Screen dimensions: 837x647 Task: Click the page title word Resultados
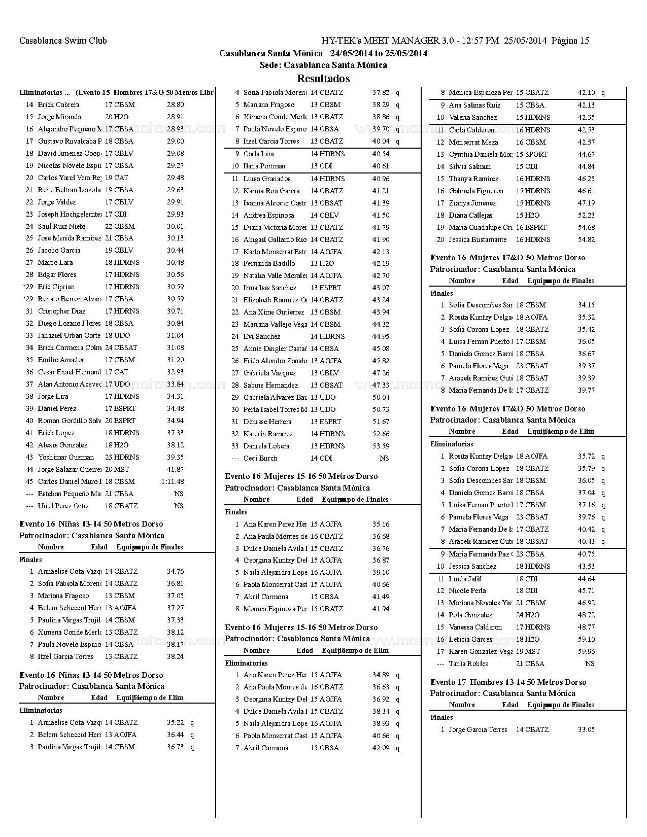323,79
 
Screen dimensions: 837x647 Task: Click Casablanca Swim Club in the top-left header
63,41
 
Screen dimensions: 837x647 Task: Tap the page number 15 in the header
584,41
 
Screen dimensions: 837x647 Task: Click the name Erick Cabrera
58,104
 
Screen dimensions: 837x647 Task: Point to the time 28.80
175,104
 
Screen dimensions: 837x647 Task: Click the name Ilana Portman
264,166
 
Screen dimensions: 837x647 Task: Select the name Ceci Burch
260,458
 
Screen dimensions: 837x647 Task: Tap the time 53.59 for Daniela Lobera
381,446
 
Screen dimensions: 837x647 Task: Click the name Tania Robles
468,664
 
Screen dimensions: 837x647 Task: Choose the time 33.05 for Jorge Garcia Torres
586,729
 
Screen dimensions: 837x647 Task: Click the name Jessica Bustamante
478,239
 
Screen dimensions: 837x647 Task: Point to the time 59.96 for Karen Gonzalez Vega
586,651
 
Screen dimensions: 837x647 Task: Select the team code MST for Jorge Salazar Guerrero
121,469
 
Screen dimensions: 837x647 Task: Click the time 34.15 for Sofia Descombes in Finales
586,305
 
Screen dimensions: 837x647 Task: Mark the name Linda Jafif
465,579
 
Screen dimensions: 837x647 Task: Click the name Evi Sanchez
261,336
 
